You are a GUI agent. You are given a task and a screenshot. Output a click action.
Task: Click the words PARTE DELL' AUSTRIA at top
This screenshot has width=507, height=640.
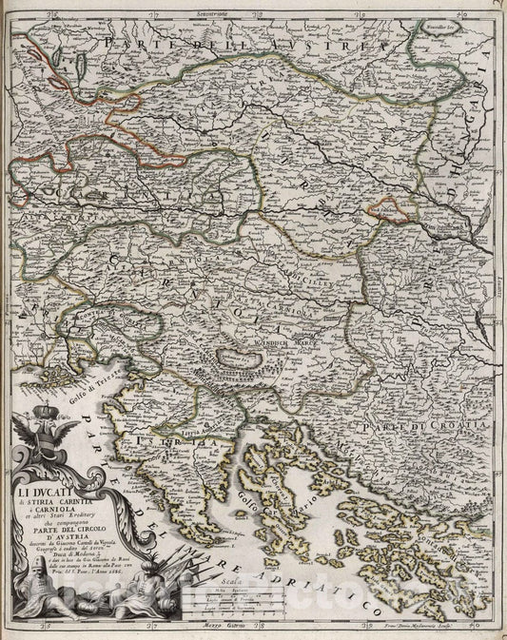coord(257,46)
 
